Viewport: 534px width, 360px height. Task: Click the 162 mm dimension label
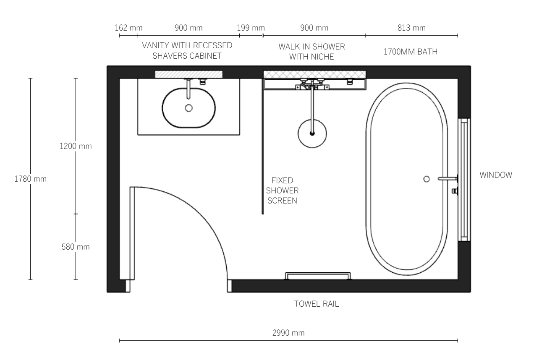[129, 28]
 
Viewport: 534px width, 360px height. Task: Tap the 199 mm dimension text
[251, 28]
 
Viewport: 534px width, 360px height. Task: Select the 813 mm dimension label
[411, 28]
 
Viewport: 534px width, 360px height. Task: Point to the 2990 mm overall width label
[288, 333]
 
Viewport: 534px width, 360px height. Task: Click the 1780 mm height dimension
[30, 179]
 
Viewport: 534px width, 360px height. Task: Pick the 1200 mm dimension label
[76, 146]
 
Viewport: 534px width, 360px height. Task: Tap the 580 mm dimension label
[76, 247]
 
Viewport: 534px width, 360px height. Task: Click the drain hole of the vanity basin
[188, 108]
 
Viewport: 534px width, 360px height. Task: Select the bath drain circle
[427, 179]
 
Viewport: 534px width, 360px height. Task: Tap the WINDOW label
[496, 175]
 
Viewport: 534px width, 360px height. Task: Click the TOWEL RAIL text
[317, 304]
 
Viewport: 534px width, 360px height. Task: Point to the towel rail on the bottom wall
[318, 273]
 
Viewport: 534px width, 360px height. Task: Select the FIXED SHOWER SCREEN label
[282, 190]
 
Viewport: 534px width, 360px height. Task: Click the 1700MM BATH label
[411, 52]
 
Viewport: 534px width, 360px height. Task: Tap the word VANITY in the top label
[156, 45]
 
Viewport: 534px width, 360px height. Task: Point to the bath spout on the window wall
[448, 178]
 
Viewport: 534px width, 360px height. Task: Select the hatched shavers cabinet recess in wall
[188, 74]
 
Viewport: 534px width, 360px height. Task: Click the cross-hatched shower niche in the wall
[315, 74]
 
